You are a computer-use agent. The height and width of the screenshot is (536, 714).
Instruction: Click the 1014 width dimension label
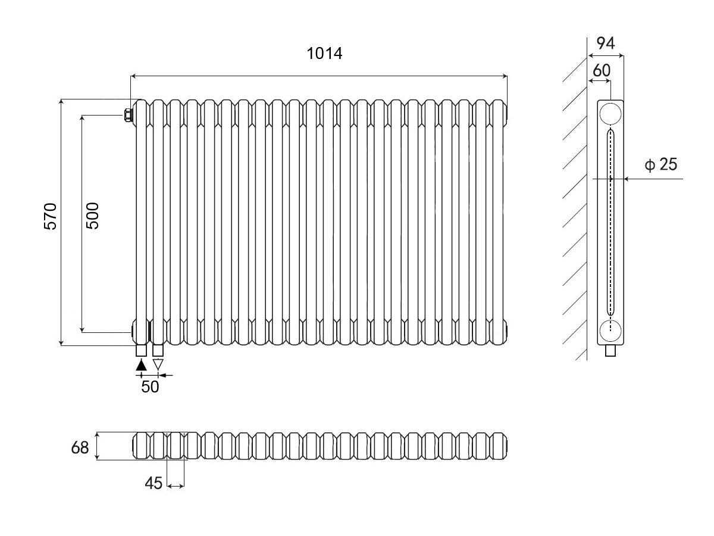(324, 54)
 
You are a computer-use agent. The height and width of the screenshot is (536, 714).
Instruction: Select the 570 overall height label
(51, 216)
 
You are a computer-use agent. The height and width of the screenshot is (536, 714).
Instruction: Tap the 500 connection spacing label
(92, 216)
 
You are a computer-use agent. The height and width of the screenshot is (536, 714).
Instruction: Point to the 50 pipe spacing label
(150, 387)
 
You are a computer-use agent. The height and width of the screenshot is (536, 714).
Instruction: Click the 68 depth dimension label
(80, 448)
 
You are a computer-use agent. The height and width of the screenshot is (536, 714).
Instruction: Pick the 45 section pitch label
(154, 483)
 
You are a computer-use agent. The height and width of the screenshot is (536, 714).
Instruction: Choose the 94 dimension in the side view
(606, 43)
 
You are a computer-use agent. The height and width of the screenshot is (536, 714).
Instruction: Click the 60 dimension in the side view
(602, 70)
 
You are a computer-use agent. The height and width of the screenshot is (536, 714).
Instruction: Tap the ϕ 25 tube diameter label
(660, 164)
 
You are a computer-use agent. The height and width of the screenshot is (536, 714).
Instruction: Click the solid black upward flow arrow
(141, 365)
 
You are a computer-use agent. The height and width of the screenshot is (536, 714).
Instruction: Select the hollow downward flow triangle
(158, 364)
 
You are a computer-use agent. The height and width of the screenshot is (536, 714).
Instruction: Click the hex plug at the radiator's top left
(128, 115)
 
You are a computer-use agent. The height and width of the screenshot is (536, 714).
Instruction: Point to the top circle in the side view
(610, 114)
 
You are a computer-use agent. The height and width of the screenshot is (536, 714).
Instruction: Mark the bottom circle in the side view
(610, 331)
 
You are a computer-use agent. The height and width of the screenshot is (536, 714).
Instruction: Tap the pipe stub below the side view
(610, 351)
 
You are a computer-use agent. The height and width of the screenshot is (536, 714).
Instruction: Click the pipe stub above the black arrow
(141, 350)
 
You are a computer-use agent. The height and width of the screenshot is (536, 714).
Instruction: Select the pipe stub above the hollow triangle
(158, 350)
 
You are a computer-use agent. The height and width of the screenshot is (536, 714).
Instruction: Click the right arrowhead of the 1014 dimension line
(505, 76)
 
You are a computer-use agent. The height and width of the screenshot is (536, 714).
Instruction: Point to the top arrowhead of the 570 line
(61, 102)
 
